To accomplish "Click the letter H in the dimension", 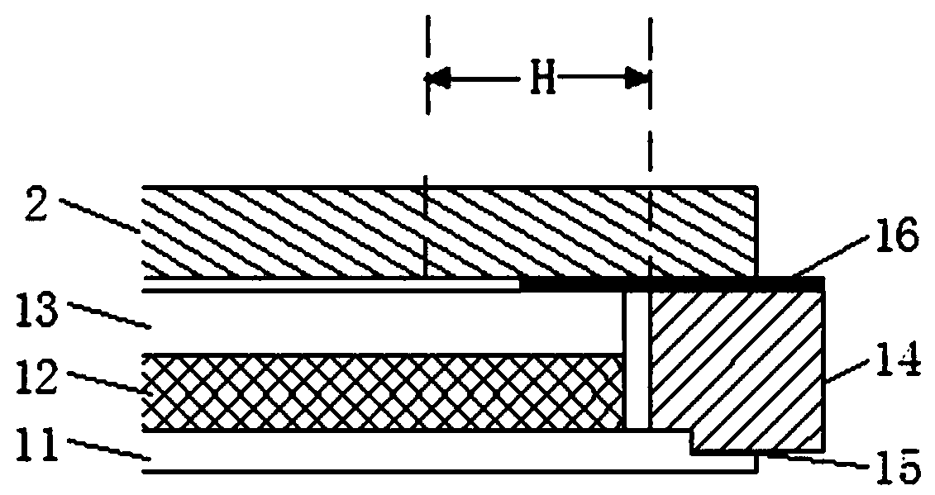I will [x=537, y=80].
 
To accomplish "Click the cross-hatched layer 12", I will [x=380, y=393].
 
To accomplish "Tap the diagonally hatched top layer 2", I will [x=446, y=231].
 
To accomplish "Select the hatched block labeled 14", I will [x=736, y=364].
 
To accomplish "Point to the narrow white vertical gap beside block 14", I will [x=636, y=359].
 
